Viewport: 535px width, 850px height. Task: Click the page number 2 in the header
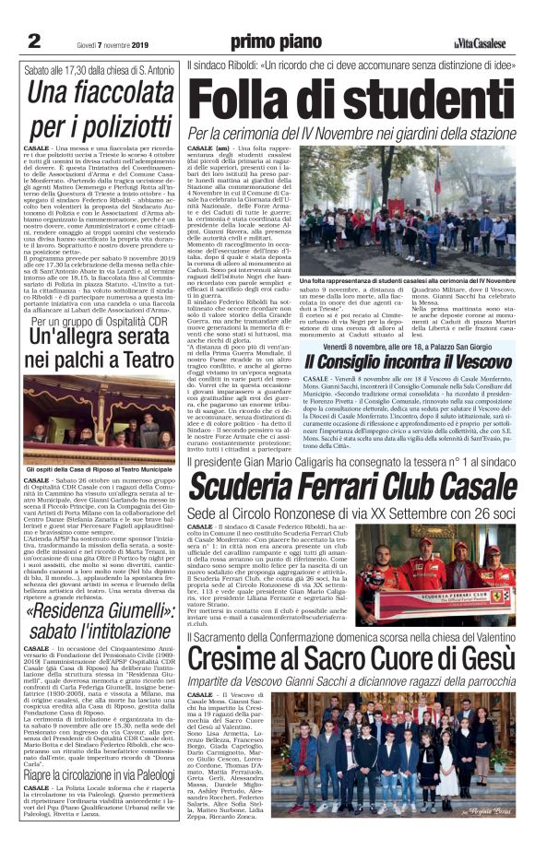click(34, 41)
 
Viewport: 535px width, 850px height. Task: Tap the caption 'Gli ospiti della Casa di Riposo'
click(99, 470)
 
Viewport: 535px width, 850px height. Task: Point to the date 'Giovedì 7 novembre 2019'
click(102, 42)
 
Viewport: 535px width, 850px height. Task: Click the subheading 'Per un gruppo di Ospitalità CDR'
click(100, 323)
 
